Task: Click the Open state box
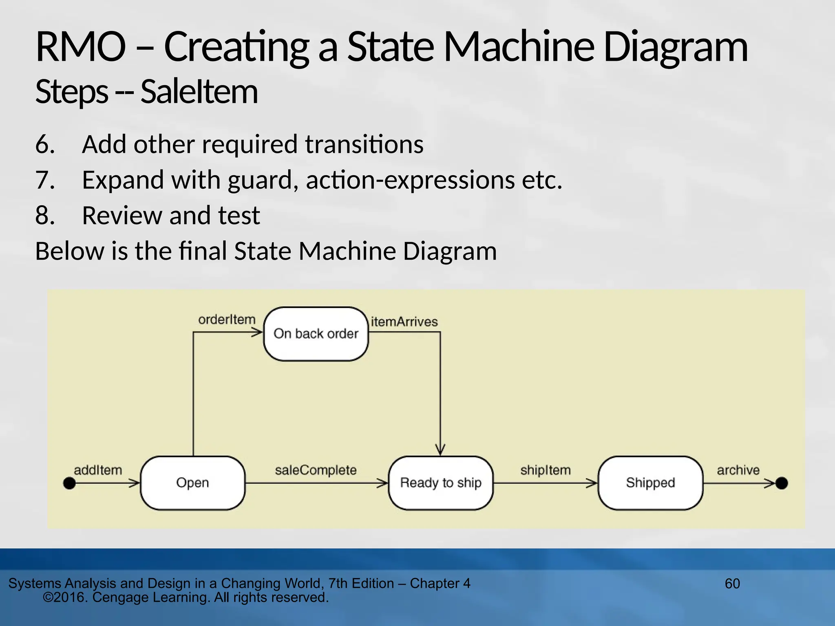(x=192, y=483)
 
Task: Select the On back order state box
(x=316, y=334)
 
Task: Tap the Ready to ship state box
(x=441, y=483)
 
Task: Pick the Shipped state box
(x=650, y=483)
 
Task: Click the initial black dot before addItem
(x=70, y=483)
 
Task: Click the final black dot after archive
(x=782, y=483)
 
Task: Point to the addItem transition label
(x=98, y=470)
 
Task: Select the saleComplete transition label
(x=316, y=470)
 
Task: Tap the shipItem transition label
(x=545, y=470)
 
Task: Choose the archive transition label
(x=738, y=470)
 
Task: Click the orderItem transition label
(x=227, y=320)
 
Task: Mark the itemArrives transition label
(x=404, y=322)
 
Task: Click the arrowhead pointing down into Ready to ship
(x=440, y=450)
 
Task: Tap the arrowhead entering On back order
(x=257, y=333)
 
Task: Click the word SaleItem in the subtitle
(x=199, y=92)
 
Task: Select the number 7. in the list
(x=45, y=180)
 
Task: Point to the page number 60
(x=732, y=584)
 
